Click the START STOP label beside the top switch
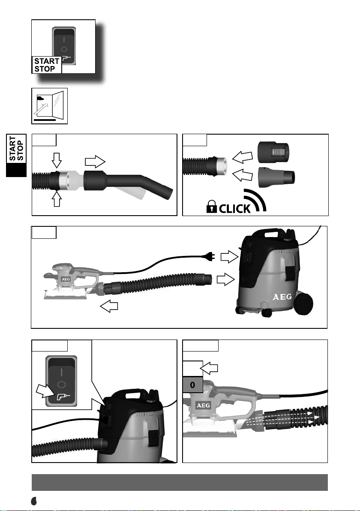click(x=47, y=65)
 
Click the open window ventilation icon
click(x=50, y=106)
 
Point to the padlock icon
click(x=211, y=207)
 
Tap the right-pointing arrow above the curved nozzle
click(x=95, y=162)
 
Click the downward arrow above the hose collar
click(x=57, y=160)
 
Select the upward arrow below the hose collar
click(x=57, y=199)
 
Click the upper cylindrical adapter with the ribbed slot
click(x=274, y=152)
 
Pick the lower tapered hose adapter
click(x=276, y=177)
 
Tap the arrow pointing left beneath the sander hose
click(x=109, y=306)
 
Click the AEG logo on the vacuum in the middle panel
click(x=282, y=297)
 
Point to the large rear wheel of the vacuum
click(x=303, y=304)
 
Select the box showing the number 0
click(x=192, y=385)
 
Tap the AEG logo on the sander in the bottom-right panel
click(x=203, y=406)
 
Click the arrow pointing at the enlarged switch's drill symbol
click(x=45, y=391)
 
